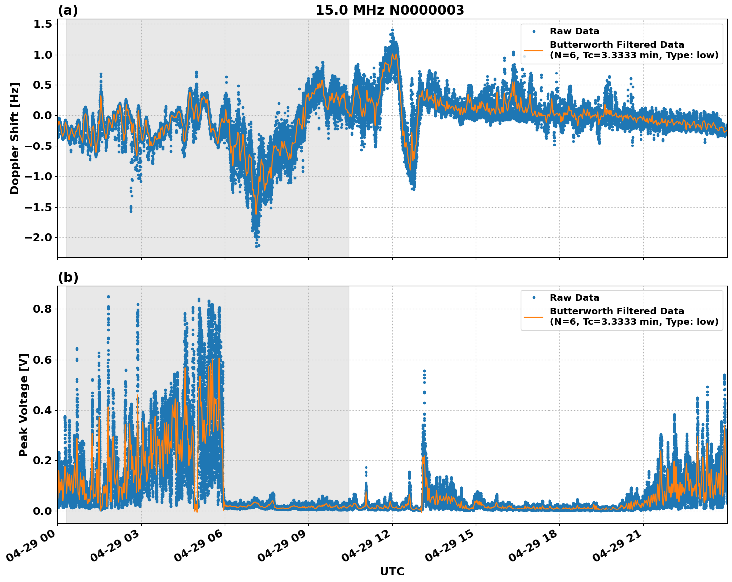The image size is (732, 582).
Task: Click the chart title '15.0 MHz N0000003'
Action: (390, 10)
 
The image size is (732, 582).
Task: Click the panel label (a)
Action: (68, 10)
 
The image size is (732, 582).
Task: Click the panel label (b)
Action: (68, 277)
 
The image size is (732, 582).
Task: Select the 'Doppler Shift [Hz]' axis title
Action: (15, 138)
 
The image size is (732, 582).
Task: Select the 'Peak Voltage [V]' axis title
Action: (24, 405)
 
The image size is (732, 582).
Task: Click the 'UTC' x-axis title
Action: (392, 571)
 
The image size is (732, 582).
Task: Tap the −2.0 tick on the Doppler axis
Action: (38, 237)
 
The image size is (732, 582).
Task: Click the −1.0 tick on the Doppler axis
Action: (38, 176)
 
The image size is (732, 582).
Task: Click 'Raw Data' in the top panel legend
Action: (574, 31)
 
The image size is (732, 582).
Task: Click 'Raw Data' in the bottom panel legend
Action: (574, 298)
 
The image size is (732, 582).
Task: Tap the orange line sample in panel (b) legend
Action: (533, 317)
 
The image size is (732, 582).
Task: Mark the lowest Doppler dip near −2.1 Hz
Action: (257, 245)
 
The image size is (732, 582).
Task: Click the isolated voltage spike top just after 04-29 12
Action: (424, 371)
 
